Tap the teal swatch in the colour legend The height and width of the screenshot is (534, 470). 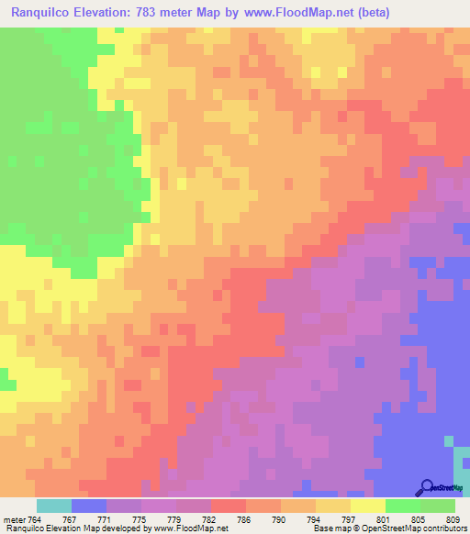pyautogui.click(x=53, y=506)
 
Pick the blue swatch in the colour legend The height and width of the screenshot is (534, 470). pyautogui.click(x=88, y=506)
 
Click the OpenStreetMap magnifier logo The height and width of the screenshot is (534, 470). pyautogui.click(x=427, y=486)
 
